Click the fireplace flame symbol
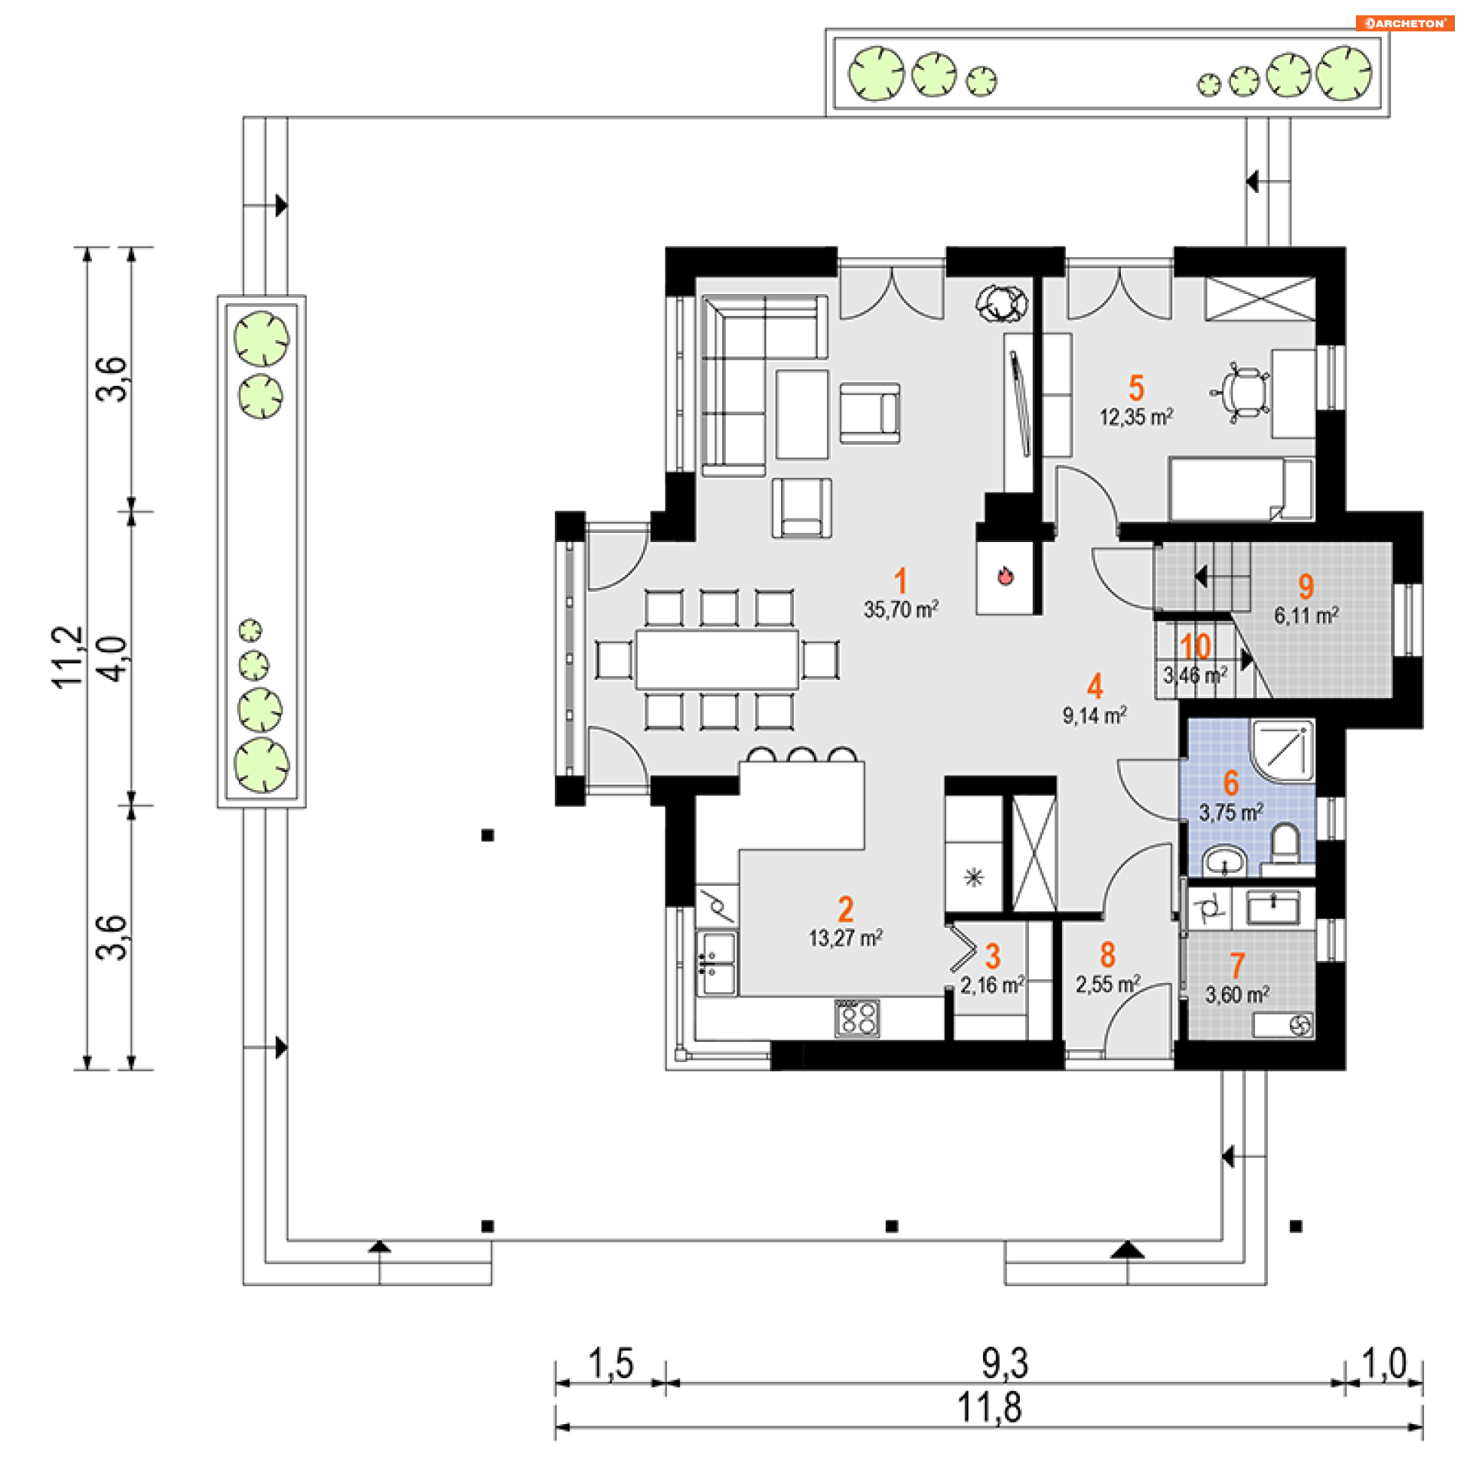[1005, 576]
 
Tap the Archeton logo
[1404, 23]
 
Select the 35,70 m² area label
[900, 609]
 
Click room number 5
[1136, 388]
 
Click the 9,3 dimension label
[1004, 1363]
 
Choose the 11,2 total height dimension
[67, 657]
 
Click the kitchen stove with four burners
[857, 1018]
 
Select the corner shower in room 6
[1284, 750]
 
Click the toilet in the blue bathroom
[1285, 842]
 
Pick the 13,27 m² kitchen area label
[845, 938]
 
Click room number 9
[1305, 586]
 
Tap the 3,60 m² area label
[1236, 995]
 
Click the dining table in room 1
[717, 658]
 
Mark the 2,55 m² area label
[1107, 984]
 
